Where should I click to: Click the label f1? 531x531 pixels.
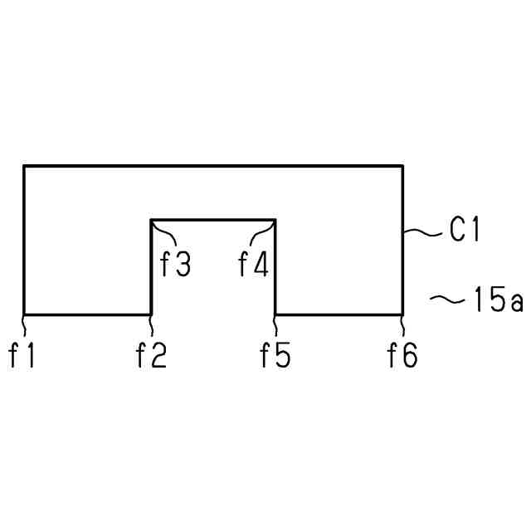point(22,356)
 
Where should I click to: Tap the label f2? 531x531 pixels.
point(151,356)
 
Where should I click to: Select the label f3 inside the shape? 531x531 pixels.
point(175,265)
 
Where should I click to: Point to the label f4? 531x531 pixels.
point(253,265)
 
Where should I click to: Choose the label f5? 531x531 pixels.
point(275,356)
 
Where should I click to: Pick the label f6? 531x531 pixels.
point(403,356)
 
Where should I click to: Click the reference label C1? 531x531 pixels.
point(465,230)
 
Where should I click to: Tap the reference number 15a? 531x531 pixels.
point(498,300)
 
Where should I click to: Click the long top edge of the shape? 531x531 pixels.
point(213,167)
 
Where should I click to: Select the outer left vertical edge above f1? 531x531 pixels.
point(24,241)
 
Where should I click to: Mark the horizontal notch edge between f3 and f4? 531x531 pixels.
point(213,220)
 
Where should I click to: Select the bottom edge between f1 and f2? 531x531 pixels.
point(87,314)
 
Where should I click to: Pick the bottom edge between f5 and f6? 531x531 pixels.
point(339,314)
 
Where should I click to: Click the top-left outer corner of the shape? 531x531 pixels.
point(24,167)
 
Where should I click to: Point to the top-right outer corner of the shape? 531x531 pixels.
point(403,167)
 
